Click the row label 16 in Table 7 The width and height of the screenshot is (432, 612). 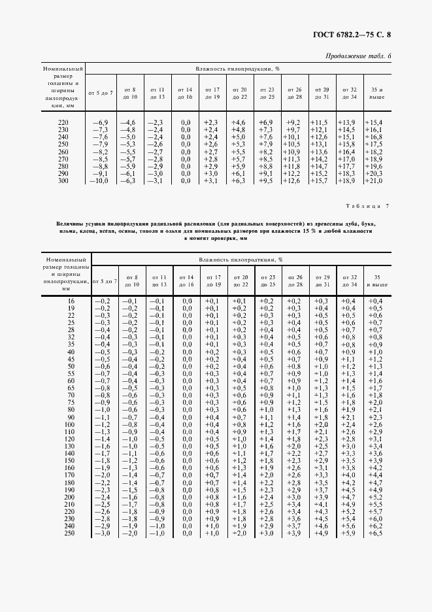click(71, 300)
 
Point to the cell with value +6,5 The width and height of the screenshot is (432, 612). click(376, 534)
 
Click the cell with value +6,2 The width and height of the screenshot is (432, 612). click(376, 526)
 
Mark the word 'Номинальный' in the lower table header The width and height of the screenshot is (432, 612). click(63, 260)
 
